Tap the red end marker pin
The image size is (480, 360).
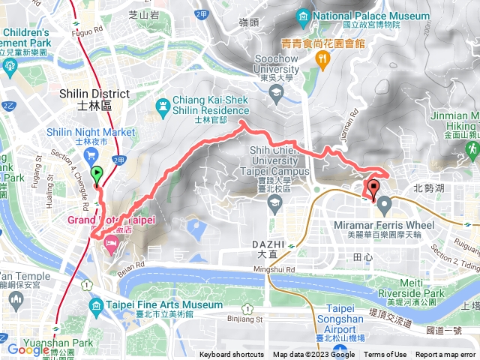click(373, 187)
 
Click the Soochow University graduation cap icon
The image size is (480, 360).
click(275, 92)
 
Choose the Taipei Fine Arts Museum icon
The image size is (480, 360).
click(96, 305)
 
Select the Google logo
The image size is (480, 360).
click(28, 349)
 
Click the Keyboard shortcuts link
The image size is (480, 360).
click(232, 355)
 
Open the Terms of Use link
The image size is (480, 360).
click(385, 355)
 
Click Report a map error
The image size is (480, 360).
click(446, 355)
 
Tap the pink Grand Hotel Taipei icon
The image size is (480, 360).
click(111, 241)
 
